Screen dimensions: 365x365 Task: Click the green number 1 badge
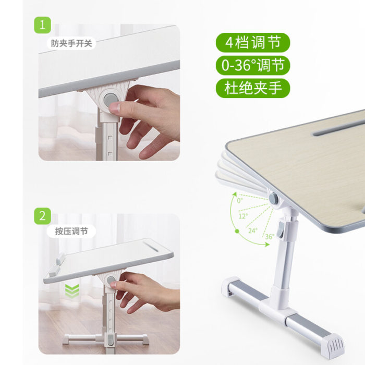pos(42,25)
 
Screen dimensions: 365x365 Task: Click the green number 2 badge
pos(42,216)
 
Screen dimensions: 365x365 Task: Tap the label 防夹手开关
pos(71,43)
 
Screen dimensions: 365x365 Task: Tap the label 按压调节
pos(71,231)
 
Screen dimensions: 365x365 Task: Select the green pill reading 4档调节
pos(253,43)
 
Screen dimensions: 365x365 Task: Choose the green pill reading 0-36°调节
pos(253,65)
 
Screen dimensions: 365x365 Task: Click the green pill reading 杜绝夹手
pos(253,88)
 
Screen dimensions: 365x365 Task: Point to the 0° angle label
pos(240,200)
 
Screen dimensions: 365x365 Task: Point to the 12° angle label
pos(244,216)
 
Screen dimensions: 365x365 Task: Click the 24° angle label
pos(253,230)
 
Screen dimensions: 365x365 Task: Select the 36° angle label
pos(270,237)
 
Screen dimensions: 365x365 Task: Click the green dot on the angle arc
pos(237,231)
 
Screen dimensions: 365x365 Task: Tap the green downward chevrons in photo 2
pos(72,291)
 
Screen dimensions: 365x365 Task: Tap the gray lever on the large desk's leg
pos(282,230)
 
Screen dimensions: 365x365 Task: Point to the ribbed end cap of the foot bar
pos(333,344)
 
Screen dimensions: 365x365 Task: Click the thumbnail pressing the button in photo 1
pos(115,108)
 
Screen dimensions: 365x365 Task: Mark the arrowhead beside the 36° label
pos(267,244)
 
